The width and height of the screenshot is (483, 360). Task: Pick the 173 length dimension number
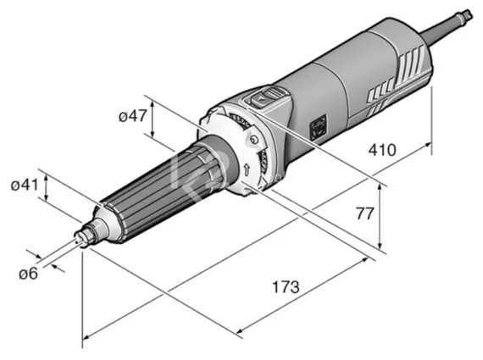pos(286,286)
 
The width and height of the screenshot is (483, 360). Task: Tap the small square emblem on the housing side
pos(320,130)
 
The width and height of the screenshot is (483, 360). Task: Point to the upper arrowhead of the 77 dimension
pos(380,188)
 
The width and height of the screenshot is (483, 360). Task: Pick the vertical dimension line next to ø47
pos(153,119)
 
